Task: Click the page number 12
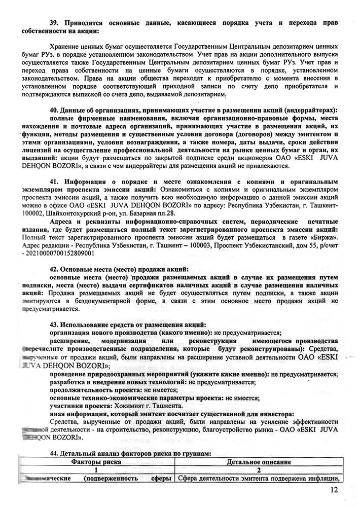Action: pyautogui.click(x=333, y=490)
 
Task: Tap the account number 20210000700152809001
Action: pyautogui.click(x=60, y=252)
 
